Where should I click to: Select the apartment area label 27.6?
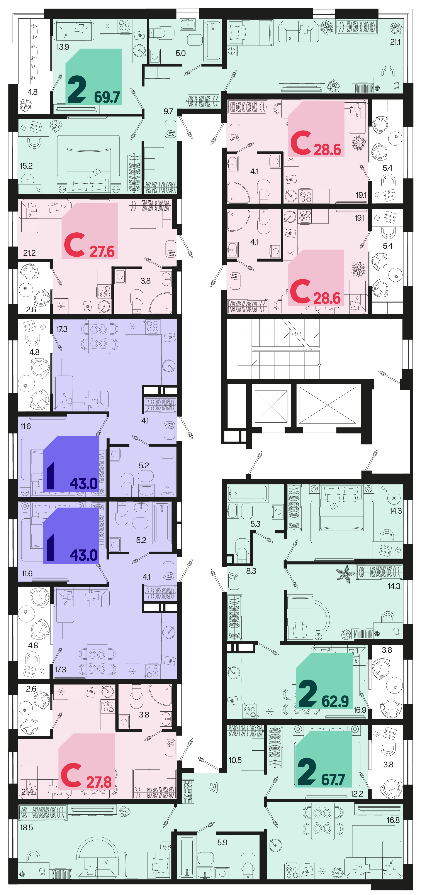(102, 252)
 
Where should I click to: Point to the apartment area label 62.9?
(335, 701)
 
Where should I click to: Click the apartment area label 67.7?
(333, 780)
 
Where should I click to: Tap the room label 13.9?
(63, 47)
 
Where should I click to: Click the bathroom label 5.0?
(180, 53)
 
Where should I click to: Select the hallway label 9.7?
(168, 112)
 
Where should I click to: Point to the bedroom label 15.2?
(26, 166)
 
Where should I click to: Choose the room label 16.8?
(393, 820)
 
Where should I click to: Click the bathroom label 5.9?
(222, 843)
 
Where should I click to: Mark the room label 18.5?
(26, 828)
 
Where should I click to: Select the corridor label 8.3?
(251, 571)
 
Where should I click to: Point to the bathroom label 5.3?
(255, 524)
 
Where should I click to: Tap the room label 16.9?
(360, 710)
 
